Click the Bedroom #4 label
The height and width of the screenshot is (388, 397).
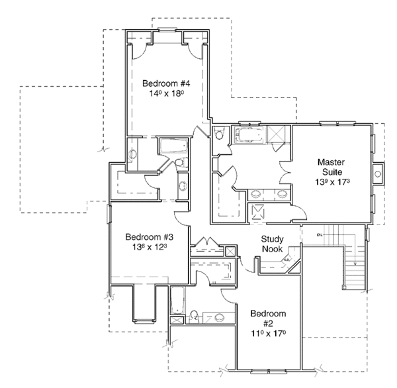[x=167, y=83]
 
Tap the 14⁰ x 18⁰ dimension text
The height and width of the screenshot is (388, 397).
[x=167, y=94]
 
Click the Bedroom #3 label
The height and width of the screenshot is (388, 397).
[x=150, y=237]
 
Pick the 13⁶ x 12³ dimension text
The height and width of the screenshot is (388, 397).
[x=150, y=248]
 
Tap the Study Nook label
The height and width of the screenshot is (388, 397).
[x=272, y=244]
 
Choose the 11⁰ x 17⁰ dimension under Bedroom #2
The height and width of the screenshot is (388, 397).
[x=267, y=334]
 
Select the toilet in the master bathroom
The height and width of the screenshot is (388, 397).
[x=218, y=135]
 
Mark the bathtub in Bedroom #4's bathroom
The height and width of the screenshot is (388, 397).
[x=173, y=146]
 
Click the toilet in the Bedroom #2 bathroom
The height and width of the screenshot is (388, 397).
[x=193, y=315]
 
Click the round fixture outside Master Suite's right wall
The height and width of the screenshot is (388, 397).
[x=378, y=173]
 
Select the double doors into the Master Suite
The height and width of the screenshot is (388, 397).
[x=286, y=170]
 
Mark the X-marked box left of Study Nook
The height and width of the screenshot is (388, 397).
[x=230, y=251]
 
